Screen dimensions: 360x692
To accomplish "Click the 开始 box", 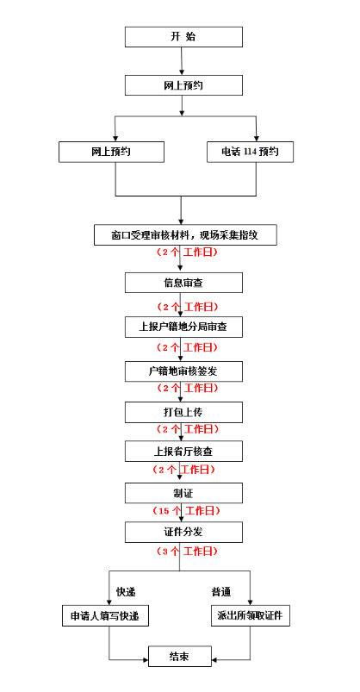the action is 183,37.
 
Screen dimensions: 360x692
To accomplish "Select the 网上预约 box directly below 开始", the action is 183,85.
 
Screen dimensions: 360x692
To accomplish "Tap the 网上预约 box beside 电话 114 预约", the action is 112,152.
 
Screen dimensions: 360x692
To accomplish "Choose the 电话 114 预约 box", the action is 250,152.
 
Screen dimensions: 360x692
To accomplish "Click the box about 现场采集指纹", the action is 185,234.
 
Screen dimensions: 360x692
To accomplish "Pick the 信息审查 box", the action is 183,283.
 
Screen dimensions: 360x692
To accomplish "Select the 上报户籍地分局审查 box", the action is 183,327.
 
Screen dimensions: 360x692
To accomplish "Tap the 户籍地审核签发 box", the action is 183,371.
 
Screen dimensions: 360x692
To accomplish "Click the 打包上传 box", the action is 183,412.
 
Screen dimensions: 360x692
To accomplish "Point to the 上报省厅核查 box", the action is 183,452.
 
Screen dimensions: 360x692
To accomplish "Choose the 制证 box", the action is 183,493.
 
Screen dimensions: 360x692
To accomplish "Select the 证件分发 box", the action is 183,533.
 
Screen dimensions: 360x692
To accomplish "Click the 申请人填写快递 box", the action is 105,615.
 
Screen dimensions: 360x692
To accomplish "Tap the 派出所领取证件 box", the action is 251,615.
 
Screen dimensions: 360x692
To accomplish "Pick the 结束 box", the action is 179,657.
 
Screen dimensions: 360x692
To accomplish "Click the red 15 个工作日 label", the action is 186,511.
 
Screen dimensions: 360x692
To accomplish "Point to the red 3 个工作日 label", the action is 187,552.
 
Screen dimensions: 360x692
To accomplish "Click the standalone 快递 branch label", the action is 126,592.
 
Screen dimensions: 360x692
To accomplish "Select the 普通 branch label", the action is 221,592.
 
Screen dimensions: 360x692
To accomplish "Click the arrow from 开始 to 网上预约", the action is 182,61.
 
